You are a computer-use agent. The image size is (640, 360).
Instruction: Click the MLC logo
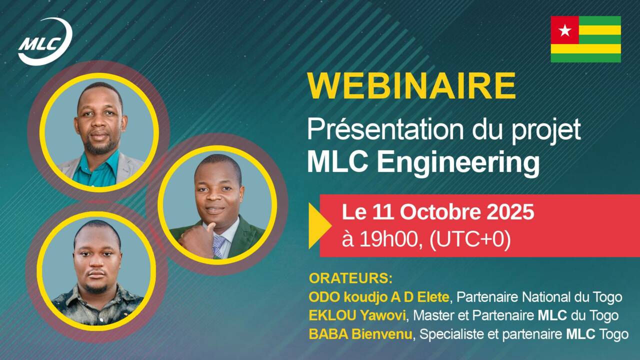pos(45,41)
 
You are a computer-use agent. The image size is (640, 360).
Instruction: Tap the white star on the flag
pos(565,30)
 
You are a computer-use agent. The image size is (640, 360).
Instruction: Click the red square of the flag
pos(565,30)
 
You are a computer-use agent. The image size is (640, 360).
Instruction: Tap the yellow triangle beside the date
pos(320,225)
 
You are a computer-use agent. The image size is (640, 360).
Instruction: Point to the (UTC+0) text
pos(470,239)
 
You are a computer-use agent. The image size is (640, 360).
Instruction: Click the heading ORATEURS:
pos(350,278)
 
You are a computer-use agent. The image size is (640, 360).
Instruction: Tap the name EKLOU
pos(332,315)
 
